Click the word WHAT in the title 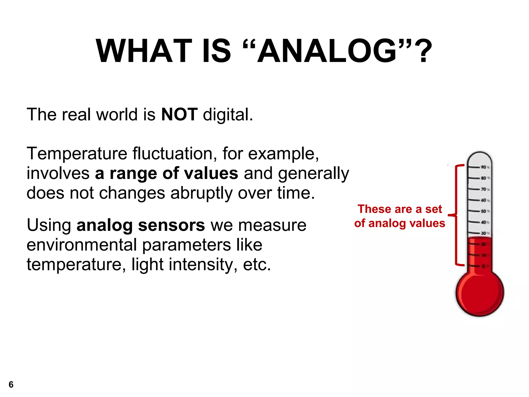pos(144,51)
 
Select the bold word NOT pos(179,114)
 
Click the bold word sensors pos(171,225)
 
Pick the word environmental pos(82,245)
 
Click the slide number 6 pos(11,385)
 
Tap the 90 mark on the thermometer pos(483,167)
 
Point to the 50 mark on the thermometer pos(483,211)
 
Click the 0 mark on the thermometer pos(483,266)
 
